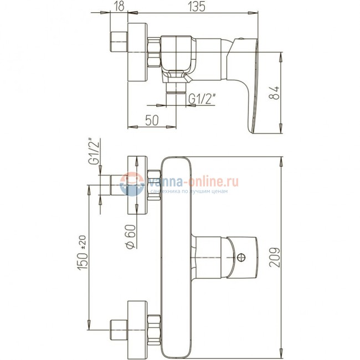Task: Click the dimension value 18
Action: pyautogui.click(x=119, y=6)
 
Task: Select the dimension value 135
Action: pyautogui.click(x=197, y=6)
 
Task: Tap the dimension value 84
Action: pyautogui.click(x=274, y=92)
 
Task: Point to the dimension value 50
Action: pyautogui.click(x=152, y=120)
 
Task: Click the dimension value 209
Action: pyautogui.click(x=275, y=258)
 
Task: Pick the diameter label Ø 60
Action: pyautogui.click(x=131, y=236)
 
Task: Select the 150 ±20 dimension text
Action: pyautogui.click(x=83, y=253)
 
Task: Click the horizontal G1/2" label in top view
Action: pyautogui.click(x=202, y=99)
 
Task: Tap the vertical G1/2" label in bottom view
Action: pyautogui.click(x=94, y=151)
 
